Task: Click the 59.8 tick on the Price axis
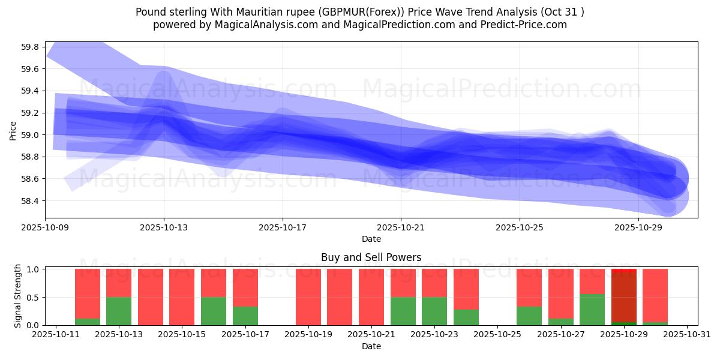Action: coord(30,47)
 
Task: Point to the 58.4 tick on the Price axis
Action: coord(30,201)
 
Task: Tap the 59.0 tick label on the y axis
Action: coord(30,135)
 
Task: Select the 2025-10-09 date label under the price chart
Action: coord(46,228)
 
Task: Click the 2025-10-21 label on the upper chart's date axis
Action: coord(401,228)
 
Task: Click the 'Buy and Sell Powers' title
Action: coord(371,257)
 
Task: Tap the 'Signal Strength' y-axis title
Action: coord(18,296)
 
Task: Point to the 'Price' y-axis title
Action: coord(13,130)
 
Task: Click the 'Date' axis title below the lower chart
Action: coord(371,346)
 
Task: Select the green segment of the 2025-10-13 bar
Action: coord(119,311)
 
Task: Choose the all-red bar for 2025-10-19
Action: coord(308,297)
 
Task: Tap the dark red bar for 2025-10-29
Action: coord(623,297)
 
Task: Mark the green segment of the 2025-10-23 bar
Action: coord(434,311)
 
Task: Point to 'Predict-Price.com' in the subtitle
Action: coord(524,25)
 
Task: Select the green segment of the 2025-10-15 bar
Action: coord(214,311)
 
